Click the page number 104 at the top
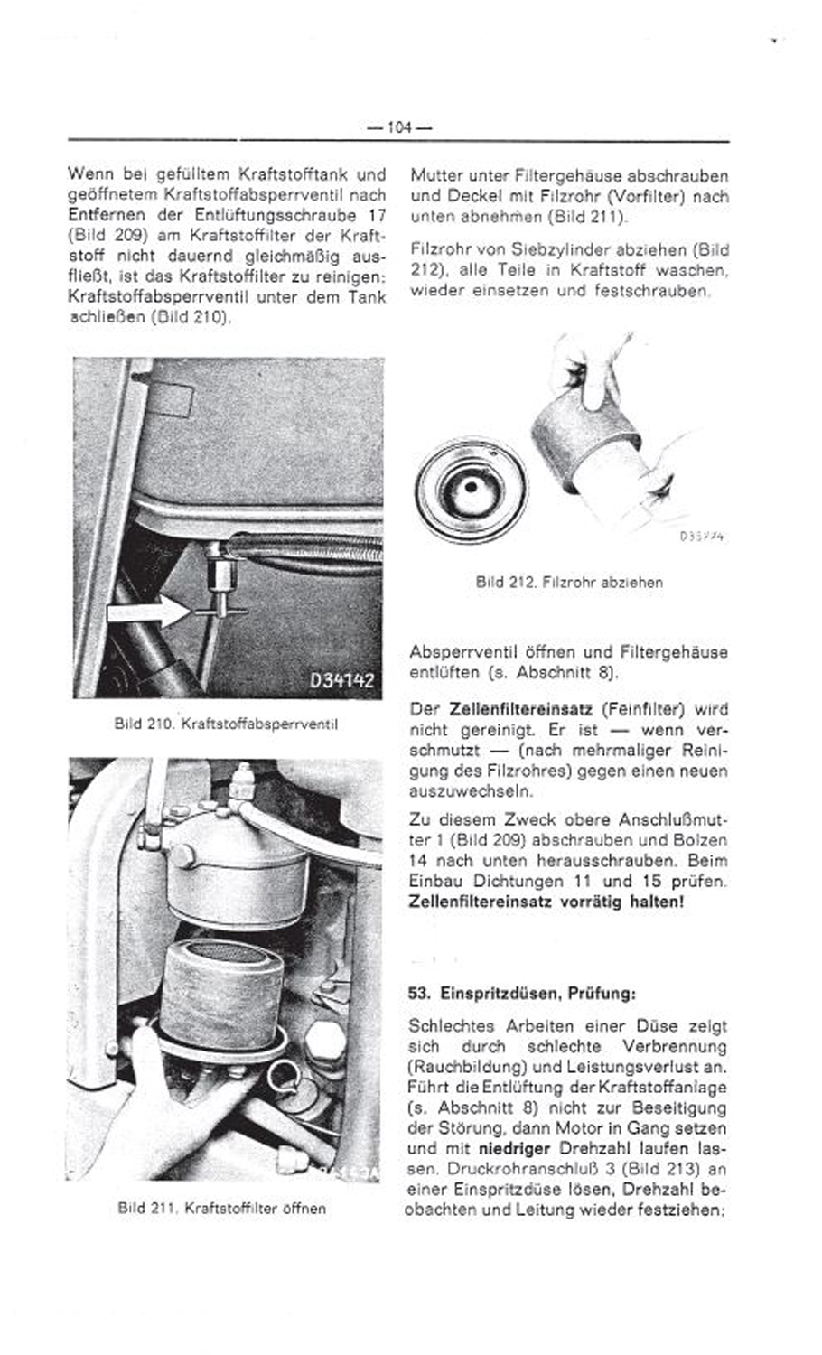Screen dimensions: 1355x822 (x=398, y=128)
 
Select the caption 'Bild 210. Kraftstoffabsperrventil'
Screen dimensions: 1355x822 (x=226, y=724)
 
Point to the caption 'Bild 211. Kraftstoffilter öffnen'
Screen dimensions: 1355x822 (x=222, y=1208)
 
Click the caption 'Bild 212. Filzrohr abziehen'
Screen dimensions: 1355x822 (x=569, y=583)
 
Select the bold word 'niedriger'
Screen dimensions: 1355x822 (x=514, y=1149)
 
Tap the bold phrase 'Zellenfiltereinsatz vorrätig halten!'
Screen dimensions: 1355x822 (x=546, y=902)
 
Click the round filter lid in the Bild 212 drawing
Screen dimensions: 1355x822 (x=472, y=489)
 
